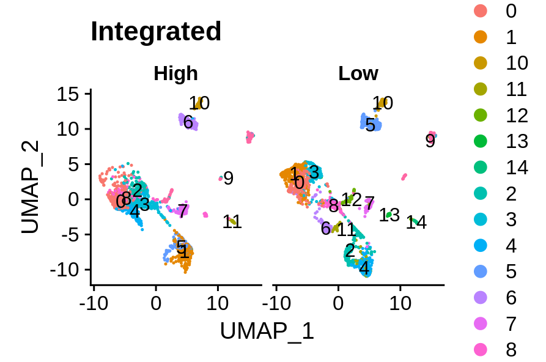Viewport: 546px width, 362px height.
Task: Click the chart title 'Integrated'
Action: click(x=156, y=32)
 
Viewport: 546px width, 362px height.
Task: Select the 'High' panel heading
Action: click(x=175, y=74)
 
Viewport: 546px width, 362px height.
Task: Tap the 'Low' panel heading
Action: click(x=358, y=74)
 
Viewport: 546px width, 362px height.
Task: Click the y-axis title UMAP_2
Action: click(x=30, y=187)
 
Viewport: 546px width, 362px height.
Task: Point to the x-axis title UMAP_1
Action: click(x=267, y=331)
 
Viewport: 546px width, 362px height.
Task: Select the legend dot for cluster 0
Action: click(x=481, y=11)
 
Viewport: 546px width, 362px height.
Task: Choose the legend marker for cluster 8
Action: click(x=481, y=349)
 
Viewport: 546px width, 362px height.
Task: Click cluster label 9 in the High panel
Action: click(x=228, y=179)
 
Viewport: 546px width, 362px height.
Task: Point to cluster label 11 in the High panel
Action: click(x=232, y=223)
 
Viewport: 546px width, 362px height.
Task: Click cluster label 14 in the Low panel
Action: click(x=416, y=223)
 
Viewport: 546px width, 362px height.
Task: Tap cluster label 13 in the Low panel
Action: click(x=389, y=215)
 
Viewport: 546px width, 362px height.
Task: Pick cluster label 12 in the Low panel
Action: click(x=352, y=199)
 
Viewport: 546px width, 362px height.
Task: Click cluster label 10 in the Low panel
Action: click(x=383, y=103)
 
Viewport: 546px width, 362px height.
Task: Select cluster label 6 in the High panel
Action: click(x=188, y=123)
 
